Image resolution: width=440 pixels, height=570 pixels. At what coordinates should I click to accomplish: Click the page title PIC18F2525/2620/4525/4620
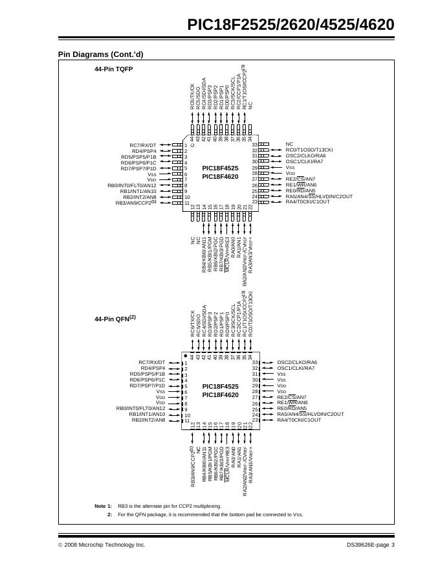pyautogui.click(x=291, y=25)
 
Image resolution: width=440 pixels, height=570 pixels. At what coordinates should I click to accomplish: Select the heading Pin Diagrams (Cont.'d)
pyautogui.click(x=100, y=55)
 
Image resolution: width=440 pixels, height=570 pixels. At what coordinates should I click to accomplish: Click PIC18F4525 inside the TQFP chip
pyautogui.click(x=220, y=168)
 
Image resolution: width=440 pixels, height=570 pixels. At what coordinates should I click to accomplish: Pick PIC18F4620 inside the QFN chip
pyautogui.click(x=220, y=394)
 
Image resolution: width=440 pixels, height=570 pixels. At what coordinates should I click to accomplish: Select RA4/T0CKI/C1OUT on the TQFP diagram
pyautogui.click(x=307, y=202)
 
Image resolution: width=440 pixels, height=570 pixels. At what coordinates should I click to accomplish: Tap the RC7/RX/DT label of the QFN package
pyautogui.click(x=152, y=363)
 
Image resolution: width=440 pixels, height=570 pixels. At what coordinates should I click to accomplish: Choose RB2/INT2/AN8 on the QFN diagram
pyautogui.click(x=148, y=420)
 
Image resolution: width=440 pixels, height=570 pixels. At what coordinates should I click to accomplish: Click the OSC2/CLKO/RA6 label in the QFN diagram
pyautogui.click(x=297, y=363)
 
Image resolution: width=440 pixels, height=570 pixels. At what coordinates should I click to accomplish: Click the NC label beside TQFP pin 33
pyautogui.click(x=289, y=144)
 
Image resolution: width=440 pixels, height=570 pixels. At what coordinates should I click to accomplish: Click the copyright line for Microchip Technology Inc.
pyautogui.click(x=102, y=545)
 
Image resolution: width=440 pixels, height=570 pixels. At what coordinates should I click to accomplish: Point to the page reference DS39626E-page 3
pyautogui.click(x=370, y=545)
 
